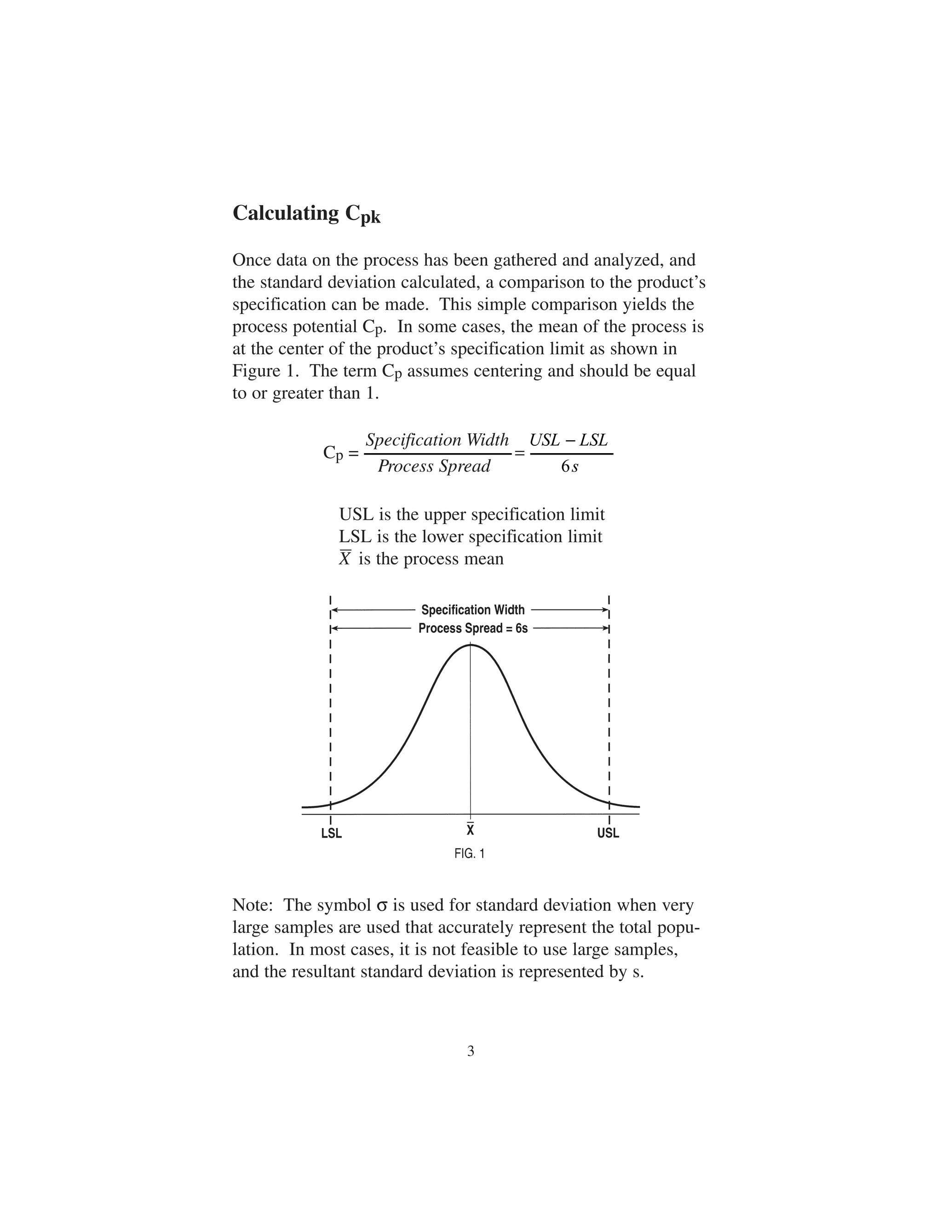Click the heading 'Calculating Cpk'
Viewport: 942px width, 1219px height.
pos(306,214)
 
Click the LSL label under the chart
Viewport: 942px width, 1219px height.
pos(332,834)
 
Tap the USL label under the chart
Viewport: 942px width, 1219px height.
pos(608,834)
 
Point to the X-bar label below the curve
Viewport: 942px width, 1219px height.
pos(471,830)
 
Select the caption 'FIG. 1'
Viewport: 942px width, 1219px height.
pos(469,853)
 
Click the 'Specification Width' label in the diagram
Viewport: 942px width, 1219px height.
pos(473,610)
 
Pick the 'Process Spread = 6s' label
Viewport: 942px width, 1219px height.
pos(473,628)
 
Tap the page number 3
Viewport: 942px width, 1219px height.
pos(471,1052)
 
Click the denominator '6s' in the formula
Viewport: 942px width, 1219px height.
pos(570,466)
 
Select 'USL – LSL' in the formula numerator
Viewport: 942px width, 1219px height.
pos(569,440)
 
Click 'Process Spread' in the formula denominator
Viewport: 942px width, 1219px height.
pos(434,466)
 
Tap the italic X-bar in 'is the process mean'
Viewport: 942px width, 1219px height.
pos(345,559)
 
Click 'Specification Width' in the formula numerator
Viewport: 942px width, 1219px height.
pos(437,440)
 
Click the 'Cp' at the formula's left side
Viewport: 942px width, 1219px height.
pos(333,453)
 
